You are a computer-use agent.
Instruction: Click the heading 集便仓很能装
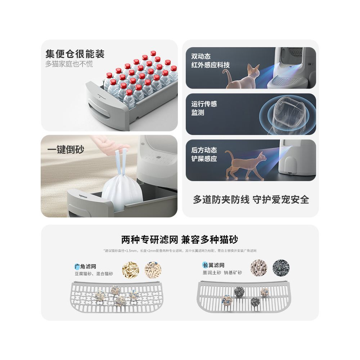[x=75, y=54]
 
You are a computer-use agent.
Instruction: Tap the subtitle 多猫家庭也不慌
[x=69, y=64]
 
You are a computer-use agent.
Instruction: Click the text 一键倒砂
[x=66, y=150]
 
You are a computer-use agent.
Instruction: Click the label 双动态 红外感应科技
[x=210, y=61]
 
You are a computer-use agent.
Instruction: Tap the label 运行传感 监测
[x=204, y=108]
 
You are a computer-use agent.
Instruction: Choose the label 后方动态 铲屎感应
[x=204, y=154]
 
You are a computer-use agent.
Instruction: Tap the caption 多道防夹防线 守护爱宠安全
[x=251, y=200]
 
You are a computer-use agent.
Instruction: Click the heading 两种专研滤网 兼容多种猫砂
[x=180, y=239]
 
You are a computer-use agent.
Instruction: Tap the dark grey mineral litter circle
[x=281, y=268]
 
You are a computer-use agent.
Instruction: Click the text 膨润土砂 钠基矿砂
[x=222, y=273]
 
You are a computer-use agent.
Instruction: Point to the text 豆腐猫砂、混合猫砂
[x=94, y=274]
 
